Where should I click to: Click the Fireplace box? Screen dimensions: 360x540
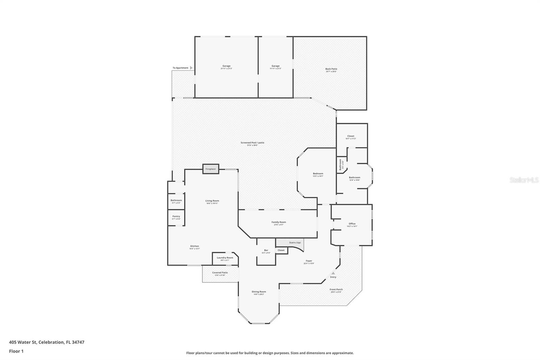[211, 169]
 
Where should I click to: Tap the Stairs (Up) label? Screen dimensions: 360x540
[295, 242]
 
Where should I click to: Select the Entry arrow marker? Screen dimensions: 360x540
[333, 273]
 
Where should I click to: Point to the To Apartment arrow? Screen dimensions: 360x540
[191, 68]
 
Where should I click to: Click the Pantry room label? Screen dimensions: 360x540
[176, 216]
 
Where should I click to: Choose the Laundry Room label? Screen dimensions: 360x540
[225, 258]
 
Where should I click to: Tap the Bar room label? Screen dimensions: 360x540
[266, 250]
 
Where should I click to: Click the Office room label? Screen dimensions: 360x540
[352, 224]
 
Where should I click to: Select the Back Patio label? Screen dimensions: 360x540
[331, 69]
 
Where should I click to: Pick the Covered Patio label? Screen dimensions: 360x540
[220, 273]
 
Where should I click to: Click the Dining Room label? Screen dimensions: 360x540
[259, 292]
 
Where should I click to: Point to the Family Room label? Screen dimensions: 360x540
[278, 222]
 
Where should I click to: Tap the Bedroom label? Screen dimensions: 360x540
[318, 174]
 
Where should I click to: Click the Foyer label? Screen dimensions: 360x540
[309, 261]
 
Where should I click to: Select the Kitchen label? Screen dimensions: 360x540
[194, 246]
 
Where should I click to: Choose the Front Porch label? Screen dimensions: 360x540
[336, 289]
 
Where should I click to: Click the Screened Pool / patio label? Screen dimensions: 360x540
[252, 143]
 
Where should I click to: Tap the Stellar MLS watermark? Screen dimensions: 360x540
[524, 180]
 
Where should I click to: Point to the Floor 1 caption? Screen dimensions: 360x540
[16, 351]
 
